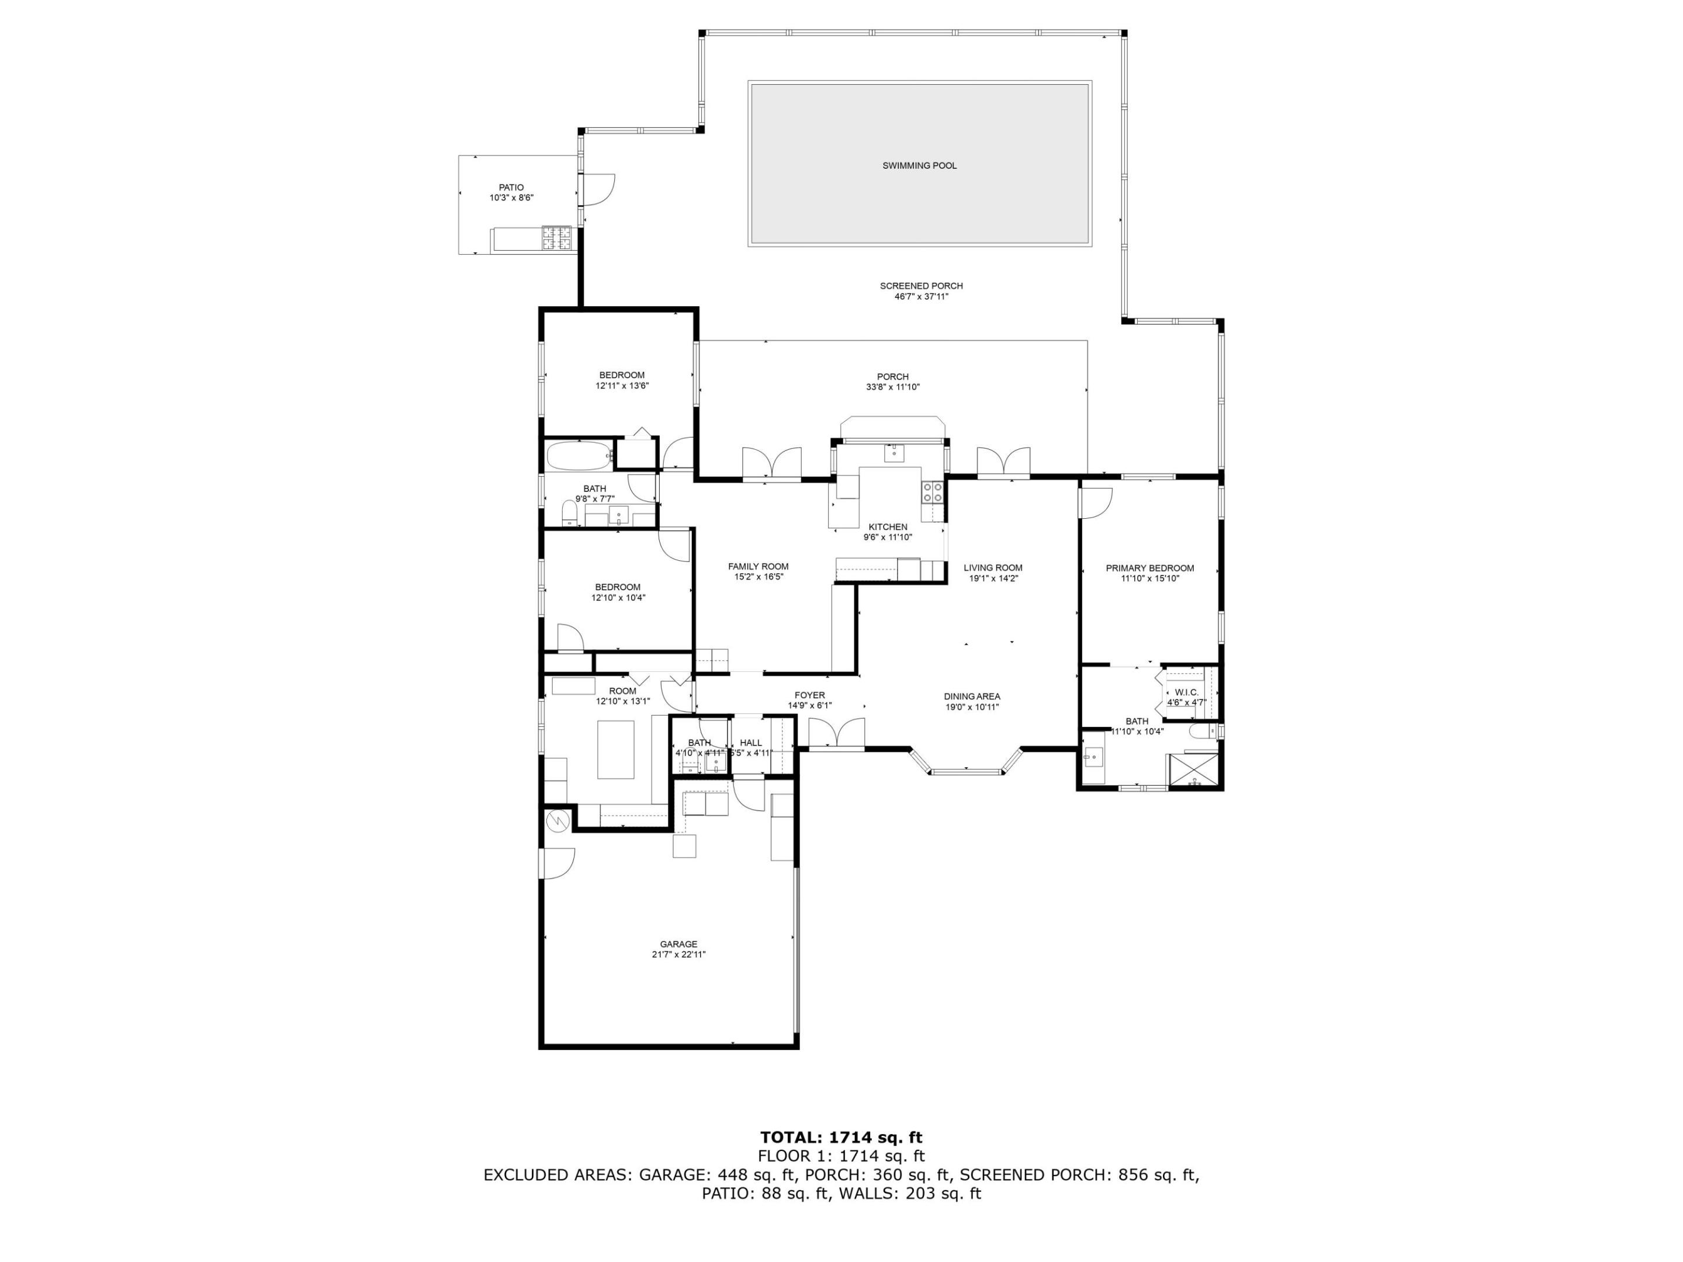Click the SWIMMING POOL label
pos(919,166)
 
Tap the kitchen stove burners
pos(933,492)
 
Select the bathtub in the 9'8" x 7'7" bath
pos(579,456)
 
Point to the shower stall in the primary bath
pos(1194,770)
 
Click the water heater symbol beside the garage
pos(557,820)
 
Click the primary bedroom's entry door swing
pos(1096,502)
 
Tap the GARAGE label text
pos(678,944)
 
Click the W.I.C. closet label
pos(1186,692)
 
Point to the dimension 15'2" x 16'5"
pos(758,577)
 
